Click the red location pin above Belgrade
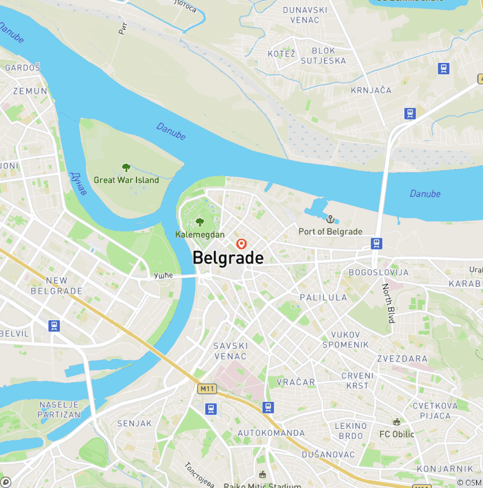(241, 243)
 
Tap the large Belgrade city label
(228, 258)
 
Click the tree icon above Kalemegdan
(200, 222)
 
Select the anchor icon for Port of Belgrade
(330, 219)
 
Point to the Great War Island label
(126, 180)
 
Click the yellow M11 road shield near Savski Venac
(207, 389)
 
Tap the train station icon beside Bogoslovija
(376, 243)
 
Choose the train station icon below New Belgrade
(55, 326)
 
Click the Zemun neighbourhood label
(30, 91)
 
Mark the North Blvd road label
(388, 303)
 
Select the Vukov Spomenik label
(345, 340)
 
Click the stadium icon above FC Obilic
(396, 422)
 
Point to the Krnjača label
(371, 90)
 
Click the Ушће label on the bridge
(163, 275)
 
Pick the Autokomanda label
(271, 433)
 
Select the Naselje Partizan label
(60, 409)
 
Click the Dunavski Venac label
(305, 14)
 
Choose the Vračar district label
(296, 382)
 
